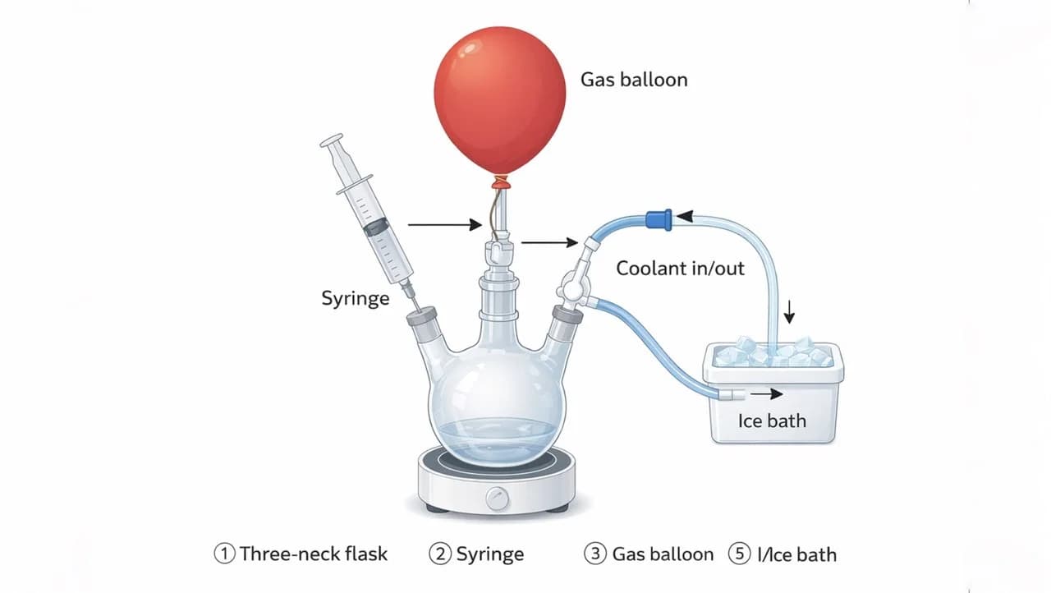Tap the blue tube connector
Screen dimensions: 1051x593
coord(659,219)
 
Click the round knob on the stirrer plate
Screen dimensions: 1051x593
coord(498,499)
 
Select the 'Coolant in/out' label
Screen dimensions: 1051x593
coord(680,269)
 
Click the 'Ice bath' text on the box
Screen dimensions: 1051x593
coord(772,421)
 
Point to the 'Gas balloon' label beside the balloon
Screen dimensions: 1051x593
coord(634,80)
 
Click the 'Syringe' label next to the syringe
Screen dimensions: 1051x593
coord(356,298)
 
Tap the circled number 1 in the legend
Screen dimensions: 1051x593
coord(224,554)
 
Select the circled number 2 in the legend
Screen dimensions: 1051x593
coord(440,554)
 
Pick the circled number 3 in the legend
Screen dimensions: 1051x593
coord(595,554)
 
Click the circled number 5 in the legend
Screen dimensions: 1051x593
coord(739,554)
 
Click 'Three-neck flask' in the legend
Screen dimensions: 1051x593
coord(314,554)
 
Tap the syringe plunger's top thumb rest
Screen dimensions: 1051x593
coord(331,140)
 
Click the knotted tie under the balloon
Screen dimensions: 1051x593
coord(501,182)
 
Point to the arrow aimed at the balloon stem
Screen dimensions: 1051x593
coord(445,225)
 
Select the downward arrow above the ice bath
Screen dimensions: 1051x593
coord(789,311)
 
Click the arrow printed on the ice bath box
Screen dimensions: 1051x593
coord(767,394)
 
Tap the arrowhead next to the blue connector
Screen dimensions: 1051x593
coord(685,216)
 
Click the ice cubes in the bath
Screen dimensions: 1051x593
coord(773,352)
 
